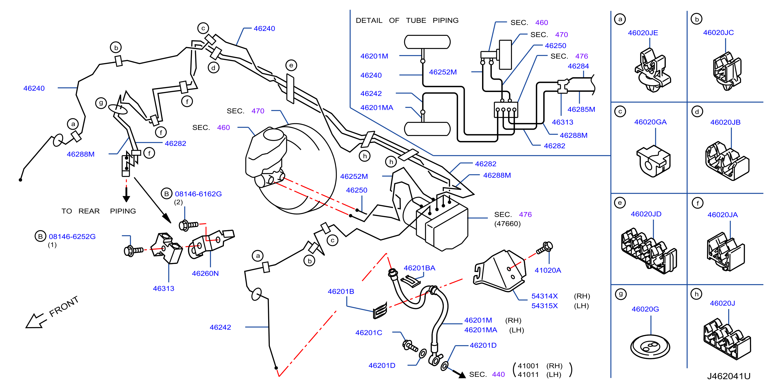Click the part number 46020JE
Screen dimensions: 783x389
pos(643,33)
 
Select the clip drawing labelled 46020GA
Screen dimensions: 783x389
pos(654,161)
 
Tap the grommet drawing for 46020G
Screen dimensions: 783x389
pos(650,347)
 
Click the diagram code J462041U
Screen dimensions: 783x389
pos(728,376)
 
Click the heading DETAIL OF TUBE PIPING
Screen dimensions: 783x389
pos(407,20)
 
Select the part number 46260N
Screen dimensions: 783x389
pos(205,273)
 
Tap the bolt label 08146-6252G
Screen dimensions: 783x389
pos(72,236)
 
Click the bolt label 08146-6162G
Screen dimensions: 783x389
pos(198,194)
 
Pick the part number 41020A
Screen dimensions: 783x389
pos(548,270)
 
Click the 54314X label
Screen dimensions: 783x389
pos(544,296)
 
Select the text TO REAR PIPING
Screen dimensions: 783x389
pos(99,211)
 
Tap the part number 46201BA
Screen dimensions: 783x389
pos(419,268)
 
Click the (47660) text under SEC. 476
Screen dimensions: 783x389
pos(507,224)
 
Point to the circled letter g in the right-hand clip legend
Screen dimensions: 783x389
pos(620,294)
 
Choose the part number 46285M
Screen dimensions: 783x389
pos(581,109)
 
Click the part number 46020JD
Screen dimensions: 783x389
pos(646,214)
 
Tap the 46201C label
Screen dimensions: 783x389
pos(369,332)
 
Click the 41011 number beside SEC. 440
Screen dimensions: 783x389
pos(528,374)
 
